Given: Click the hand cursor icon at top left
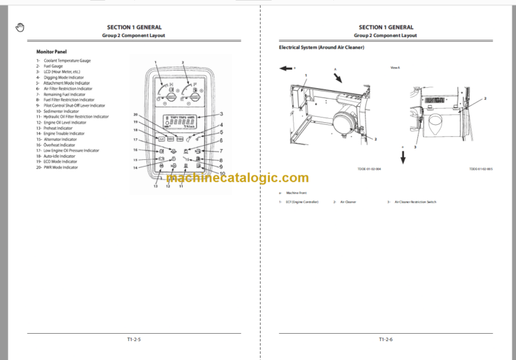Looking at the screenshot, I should (x=19, y=27).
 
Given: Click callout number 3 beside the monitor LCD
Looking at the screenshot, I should (x=221, y=114).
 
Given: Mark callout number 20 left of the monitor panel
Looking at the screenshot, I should (x=136, y=115).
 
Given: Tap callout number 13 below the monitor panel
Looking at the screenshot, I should (x=155, y=186).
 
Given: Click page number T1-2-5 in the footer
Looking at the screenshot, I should (x=134, y=340).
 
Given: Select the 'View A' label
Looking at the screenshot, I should (x=395, y=68).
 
